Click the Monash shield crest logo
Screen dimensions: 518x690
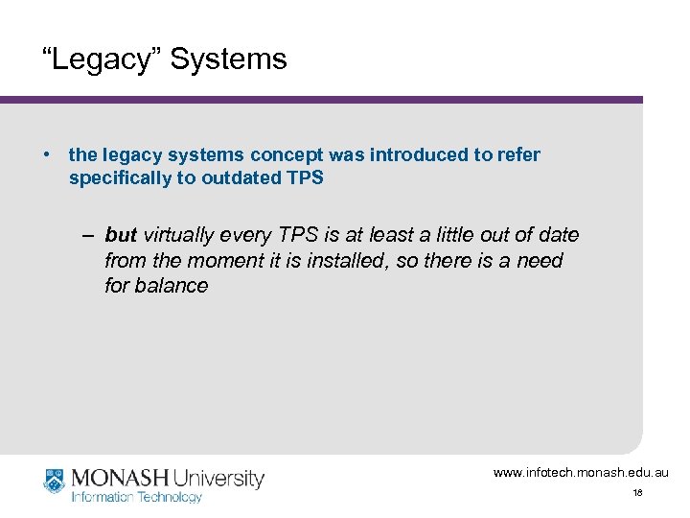(54, 481)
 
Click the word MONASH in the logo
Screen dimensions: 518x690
(120, 477)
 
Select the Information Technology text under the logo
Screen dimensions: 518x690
(137, 497)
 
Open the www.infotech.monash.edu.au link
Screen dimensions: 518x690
(581, 472)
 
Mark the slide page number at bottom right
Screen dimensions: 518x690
(636, 493)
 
